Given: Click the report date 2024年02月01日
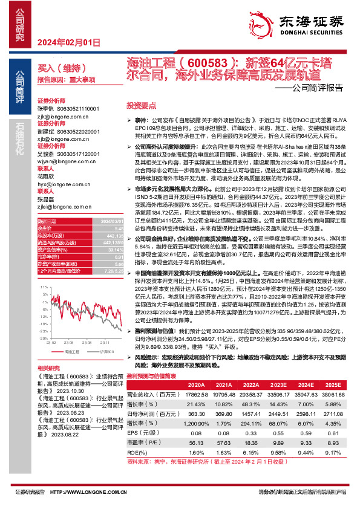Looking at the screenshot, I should [x=68, y=42].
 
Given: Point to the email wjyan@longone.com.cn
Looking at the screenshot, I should [x=62, y=162].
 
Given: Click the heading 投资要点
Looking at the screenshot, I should [x=140, y=105].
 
